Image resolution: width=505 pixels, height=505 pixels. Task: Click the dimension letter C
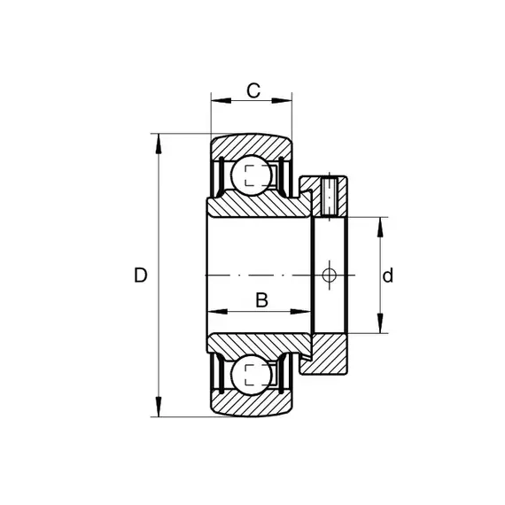coord(253,90)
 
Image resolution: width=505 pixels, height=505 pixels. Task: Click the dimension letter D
coord(140,276)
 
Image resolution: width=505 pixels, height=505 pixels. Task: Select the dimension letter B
coord(261,300)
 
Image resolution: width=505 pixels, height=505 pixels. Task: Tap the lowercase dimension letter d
coord(388,276)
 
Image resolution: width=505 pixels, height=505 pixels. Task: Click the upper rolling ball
coord(252,175)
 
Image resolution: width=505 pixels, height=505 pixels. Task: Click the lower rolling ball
coord(252,375)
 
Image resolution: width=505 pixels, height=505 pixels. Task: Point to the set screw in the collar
coord(330,196)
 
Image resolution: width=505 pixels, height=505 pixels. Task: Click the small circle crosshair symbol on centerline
coord(330,276)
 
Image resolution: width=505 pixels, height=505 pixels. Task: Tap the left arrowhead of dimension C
coord(221,101)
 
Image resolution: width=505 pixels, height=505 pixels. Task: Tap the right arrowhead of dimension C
coord(282,101)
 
